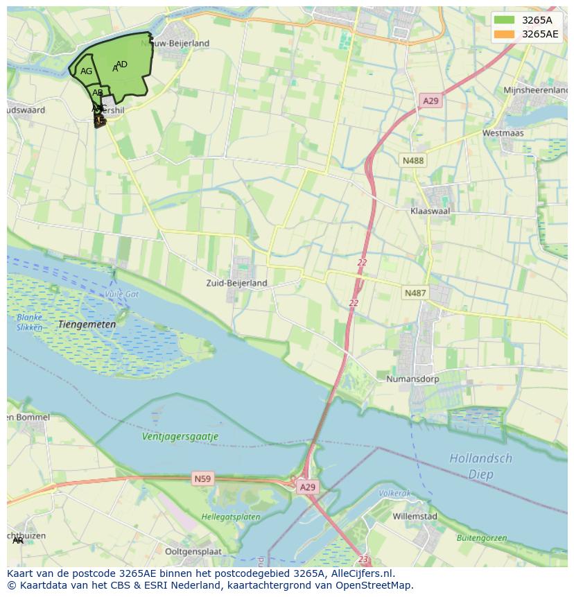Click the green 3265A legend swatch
pyautogui.click(x=505, y=20)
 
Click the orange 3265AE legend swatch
pyautogui.click(x=505, y=34)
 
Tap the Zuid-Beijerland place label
pyautogui.click(x=236, y=283)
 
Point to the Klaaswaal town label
pyautogui.click(x=430, y=210)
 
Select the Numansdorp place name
pyautogui.click(x=412, y=379)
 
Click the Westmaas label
pyautogui.click(x=503, y=132)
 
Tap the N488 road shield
pyautogui.click(x=413, y=160)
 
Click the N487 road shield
pyautogui.click(x=415, y=293)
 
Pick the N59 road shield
pyautogui.click(x=202, y=478)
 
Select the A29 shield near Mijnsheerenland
pyautogui.click(x=430, y=101)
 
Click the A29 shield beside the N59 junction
pyautogui.click(x=308, y=487)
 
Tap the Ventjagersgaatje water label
pyautogui.click(x=180, y=437)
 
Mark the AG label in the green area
pyautogui.click(x=86, y=71)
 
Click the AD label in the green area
pyautogui.click(x=122, y=64)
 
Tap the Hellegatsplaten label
pyautogui.click(x=231, y=517)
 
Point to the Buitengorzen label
pyautogui.click(x=481, y=538)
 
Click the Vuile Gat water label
pyautogui.click(x=122, y=294)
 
